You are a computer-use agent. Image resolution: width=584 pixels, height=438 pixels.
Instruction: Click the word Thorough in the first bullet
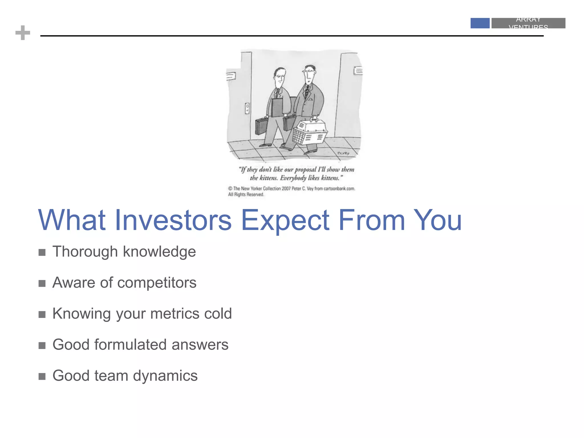85,252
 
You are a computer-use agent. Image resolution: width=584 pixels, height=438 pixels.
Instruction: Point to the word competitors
157,283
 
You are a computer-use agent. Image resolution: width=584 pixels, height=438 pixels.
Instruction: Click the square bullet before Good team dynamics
42,376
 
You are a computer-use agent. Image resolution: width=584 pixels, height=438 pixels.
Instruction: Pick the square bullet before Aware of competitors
42,283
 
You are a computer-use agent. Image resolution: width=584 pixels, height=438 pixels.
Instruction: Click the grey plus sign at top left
23,33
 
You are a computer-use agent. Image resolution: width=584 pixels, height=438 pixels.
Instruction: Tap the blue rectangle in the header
480,23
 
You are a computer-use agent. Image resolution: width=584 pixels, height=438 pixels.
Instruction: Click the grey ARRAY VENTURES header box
528,23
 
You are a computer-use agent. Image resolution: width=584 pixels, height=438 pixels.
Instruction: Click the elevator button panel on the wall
247,108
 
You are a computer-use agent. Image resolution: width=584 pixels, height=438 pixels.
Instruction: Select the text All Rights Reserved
246,194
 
